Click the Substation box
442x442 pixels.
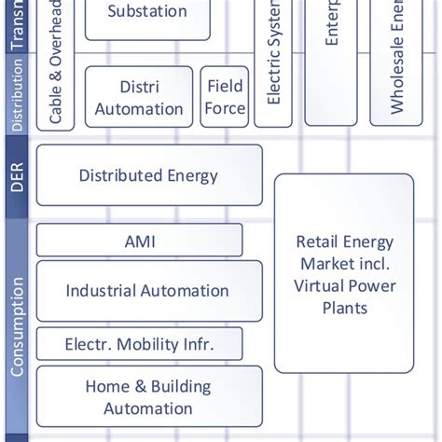point(147,14)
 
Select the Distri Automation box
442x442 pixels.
point(138,98)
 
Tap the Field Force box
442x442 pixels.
point(224,97)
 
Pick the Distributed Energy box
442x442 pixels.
point(148,175)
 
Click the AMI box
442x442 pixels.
point(139,241)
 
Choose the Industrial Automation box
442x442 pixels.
point(147,291)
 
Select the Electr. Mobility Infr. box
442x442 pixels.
point(139,344)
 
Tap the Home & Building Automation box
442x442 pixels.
point(148,397)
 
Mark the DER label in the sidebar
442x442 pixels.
point(16,174)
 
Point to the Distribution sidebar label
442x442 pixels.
point(16,94)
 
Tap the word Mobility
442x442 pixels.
point(139,344)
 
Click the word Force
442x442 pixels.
point(225,108)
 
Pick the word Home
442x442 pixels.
point(106,386)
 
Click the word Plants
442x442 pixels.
point(345,308)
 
